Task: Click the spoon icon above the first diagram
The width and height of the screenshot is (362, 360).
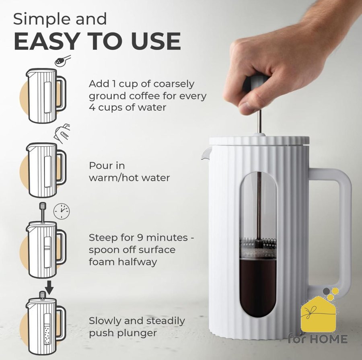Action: [63, 60]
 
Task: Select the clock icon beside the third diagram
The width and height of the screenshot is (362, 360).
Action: [62, 211]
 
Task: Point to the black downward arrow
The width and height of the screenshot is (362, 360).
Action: [49, 287]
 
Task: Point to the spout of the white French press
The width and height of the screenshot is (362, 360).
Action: [206, 153]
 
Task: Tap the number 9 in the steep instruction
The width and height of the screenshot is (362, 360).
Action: [140, 237]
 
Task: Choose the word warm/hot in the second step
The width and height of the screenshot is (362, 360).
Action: [113, 178]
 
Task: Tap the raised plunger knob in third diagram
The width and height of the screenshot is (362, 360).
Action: [43, 206]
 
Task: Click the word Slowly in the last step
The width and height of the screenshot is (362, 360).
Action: [105, 321]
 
